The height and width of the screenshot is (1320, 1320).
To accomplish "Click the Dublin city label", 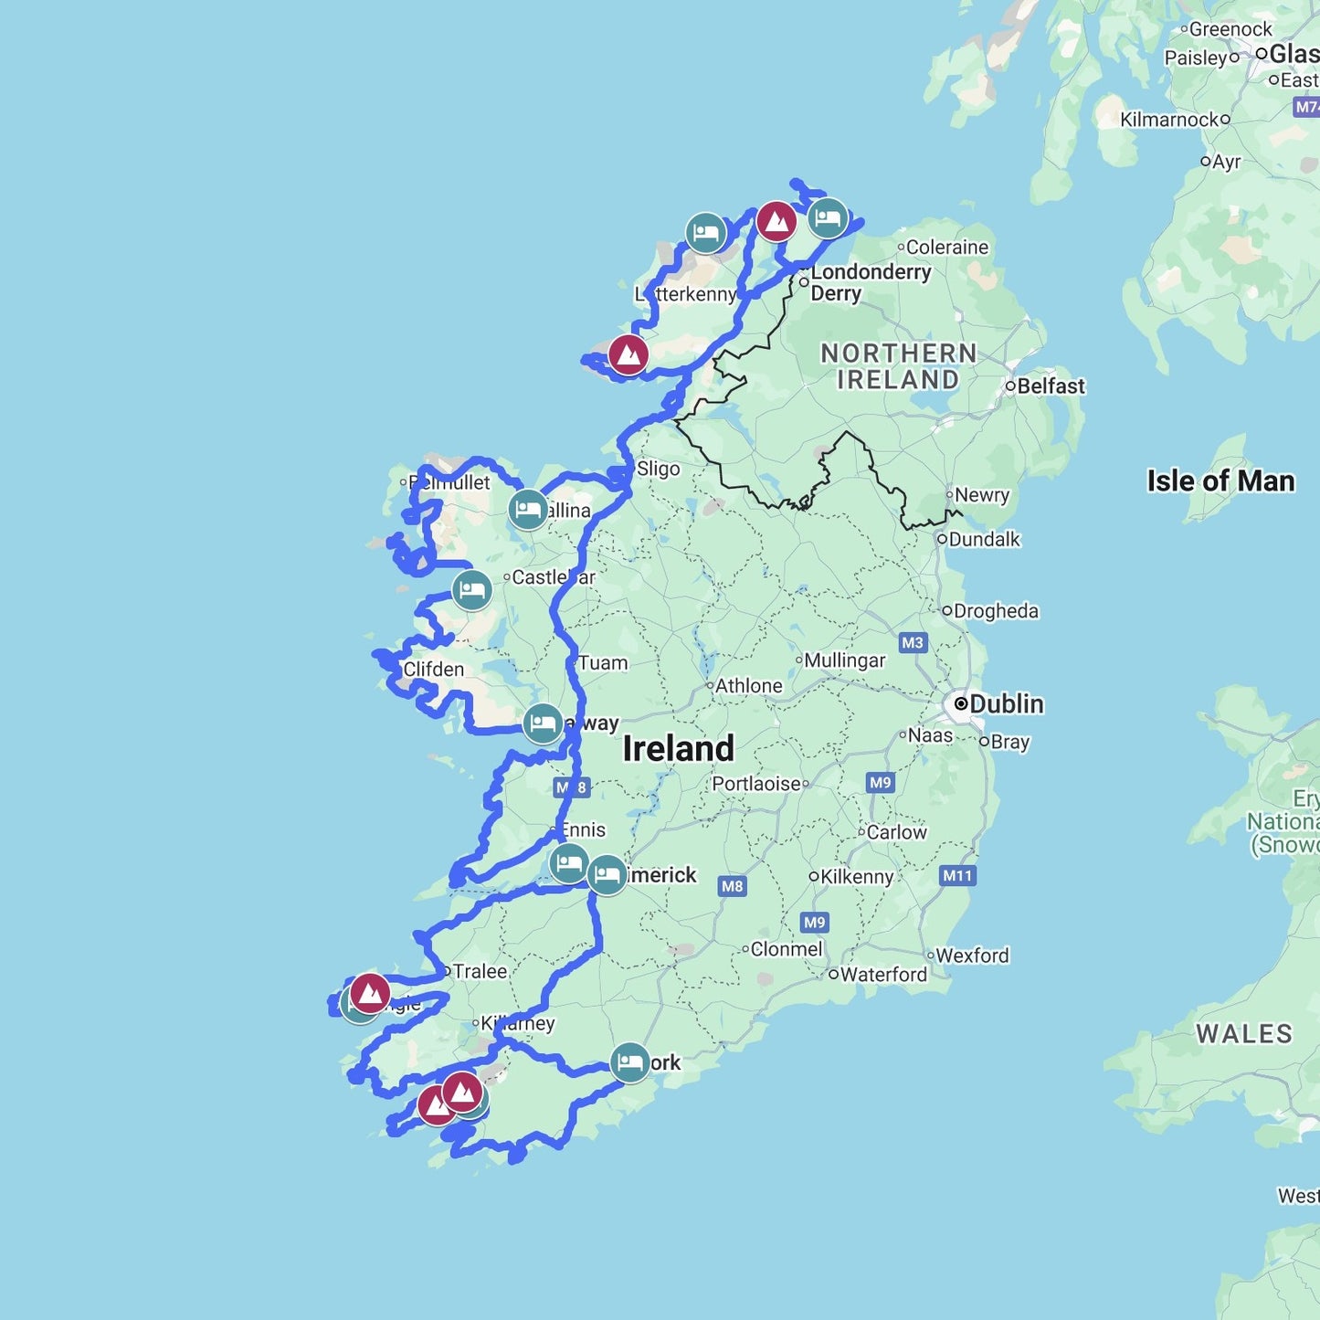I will [x=1006, y=704].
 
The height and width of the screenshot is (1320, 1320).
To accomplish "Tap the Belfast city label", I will [x=1051, y=386].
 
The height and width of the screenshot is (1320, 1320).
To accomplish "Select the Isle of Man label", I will [x=1220, y=481].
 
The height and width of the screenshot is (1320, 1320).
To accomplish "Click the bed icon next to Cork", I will [x=629, y=1063].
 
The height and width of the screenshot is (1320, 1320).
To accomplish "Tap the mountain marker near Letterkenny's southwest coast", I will [x=628, y=354].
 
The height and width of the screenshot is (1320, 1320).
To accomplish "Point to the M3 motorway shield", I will [x=913, y=643].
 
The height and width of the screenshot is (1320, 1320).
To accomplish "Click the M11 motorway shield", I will [x=957, y=876].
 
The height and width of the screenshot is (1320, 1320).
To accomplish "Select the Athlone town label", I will [x=748, y=686].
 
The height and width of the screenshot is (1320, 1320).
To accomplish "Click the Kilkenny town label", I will [x=856, y=877].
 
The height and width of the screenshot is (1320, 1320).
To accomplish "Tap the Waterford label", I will [x=882, y=975].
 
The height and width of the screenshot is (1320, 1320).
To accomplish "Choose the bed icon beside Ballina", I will [x=528, y=510].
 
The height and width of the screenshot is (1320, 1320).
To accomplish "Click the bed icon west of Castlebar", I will [x=471, y=590].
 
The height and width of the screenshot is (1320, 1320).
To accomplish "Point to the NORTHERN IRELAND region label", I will [x=898, y=366].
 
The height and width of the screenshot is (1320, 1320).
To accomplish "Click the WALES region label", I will [x=1244, y=1034].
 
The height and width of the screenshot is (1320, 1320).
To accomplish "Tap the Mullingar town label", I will [x=844, y=660].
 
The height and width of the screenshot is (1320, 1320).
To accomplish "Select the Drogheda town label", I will [x=996, y=611].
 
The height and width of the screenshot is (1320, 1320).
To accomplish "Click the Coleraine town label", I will [x=946, y=248].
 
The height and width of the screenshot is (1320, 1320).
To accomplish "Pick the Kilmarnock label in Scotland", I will [x=1169, y=120].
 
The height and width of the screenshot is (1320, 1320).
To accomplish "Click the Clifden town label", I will [x=433, y=670].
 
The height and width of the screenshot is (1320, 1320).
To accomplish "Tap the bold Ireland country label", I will [x=678, y=749].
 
